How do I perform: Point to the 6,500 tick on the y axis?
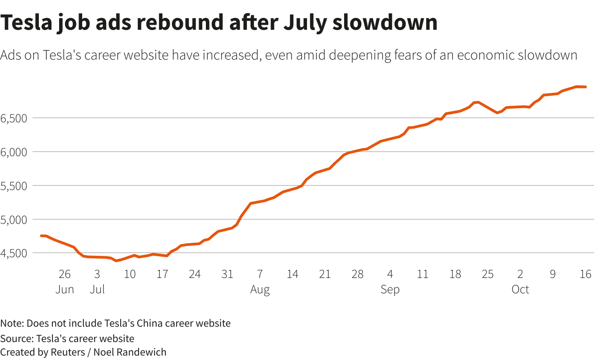[x=14, y=118]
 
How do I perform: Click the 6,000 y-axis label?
[x=14, y=152]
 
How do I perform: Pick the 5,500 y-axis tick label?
[x=14, y=186]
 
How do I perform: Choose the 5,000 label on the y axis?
[x=14, y=220]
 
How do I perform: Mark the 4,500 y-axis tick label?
[x=14, y=253]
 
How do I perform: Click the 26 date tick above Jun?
[x=65, y=274]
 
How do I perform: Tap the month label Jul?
[x=97, y=289]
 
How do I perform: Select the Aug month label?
[x=260, y=289]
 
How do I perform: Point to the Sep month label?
[x=390, y=289]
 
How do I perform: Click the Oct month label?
[x=520, y=289]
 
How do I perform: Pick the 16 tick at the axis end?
[x=585, y=274]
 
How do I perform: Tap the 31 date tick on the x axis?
[x=227, y=274]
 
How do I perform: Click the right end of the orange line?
[x=586, y=87]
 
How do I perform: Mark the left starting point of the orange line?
[x=41, y=236]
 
